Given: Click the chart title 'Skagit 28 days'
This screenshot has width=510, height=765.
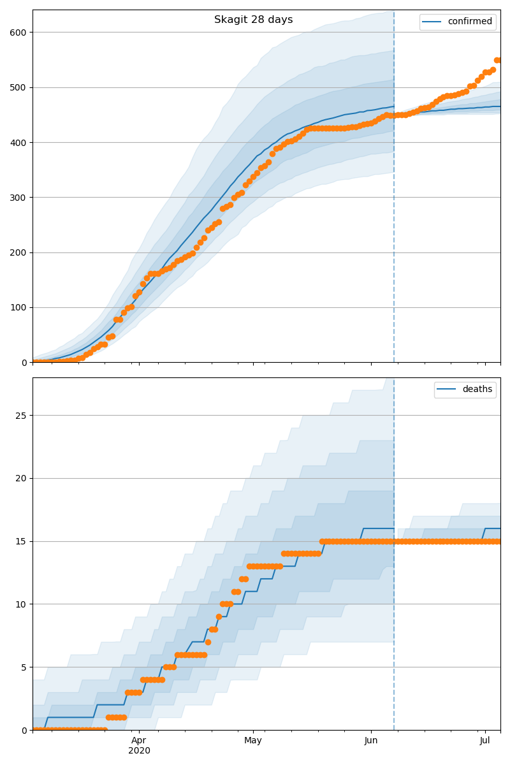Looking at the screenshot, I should [x=253, y=20].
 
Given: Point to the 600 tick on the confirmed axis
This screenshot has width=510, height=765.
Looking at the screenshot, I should [x=19, y=33].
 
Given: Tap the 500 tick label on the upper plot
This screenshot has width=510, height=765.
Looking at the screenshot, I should [x=19, y=87].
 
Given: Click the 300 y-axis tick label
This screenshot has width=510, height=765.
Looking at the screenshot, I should [x=19, y=198].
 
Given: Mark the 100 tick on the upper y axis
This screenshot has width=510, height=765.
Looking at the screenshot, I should [x=19, y=308].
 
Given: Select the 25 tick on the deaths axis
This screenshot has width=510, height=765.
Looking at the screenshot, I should [x=22, y=416].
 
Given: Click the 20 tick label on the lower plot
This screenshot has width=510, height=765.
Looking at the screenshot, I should [x=22, y=479].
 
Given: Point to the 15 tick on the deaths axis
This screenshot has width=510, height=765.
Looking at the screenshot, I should [x=22, y=541].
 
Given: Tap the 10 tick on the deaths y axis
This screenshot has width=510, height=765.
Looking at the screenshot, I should [x=22, y=604].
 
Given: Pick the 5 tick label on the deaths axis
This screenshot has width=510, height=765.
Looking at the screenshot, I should [x=24, y=667].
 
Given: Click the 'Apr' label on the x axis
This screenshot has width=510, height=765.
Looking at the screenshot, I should [x=139, y=740].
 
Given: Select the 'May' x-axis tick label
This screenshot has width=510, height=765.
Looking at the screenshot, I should [x=253, y=740].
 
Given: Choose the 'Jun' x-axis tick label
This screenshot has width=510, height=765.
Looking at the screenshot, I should [x=371, y=740].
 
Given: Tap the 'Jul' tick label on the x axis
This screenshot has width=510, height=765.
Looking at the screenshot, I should [x=485, y=740].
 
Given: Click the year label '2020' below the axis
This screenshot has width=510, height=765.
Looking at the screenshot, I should [x=139, y=751].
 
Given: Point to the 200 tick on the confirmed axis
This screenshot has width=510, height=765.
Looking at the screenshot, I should [x=19, y=252].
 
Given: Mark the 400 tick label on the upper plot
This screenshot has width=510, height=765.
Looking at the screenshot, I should [x=19, y=143].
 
